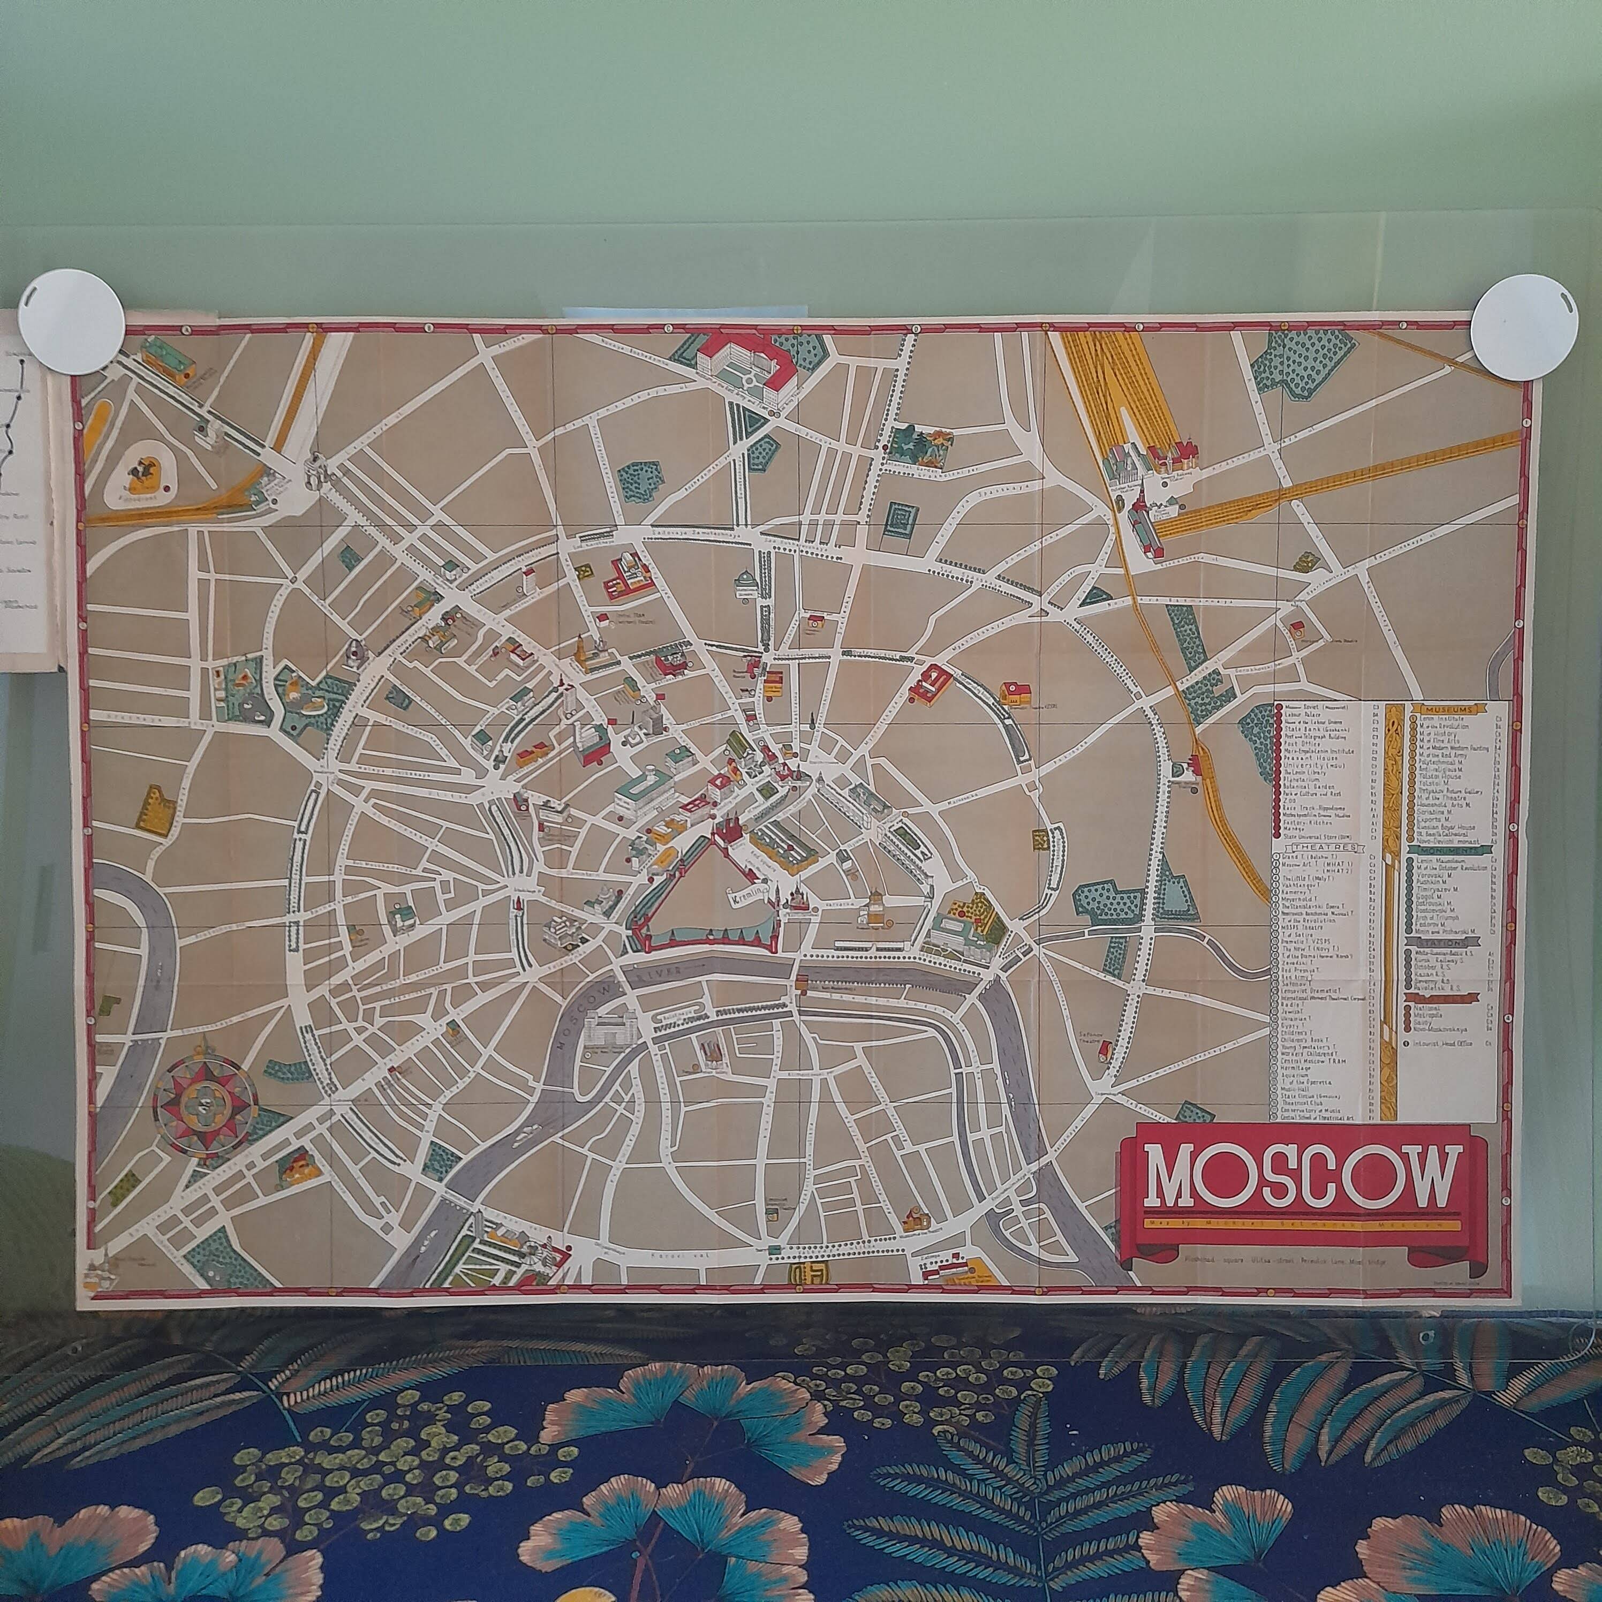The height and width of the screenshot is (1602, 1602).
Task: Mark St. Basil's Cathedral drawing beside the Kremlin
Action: tap(796, 898)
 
